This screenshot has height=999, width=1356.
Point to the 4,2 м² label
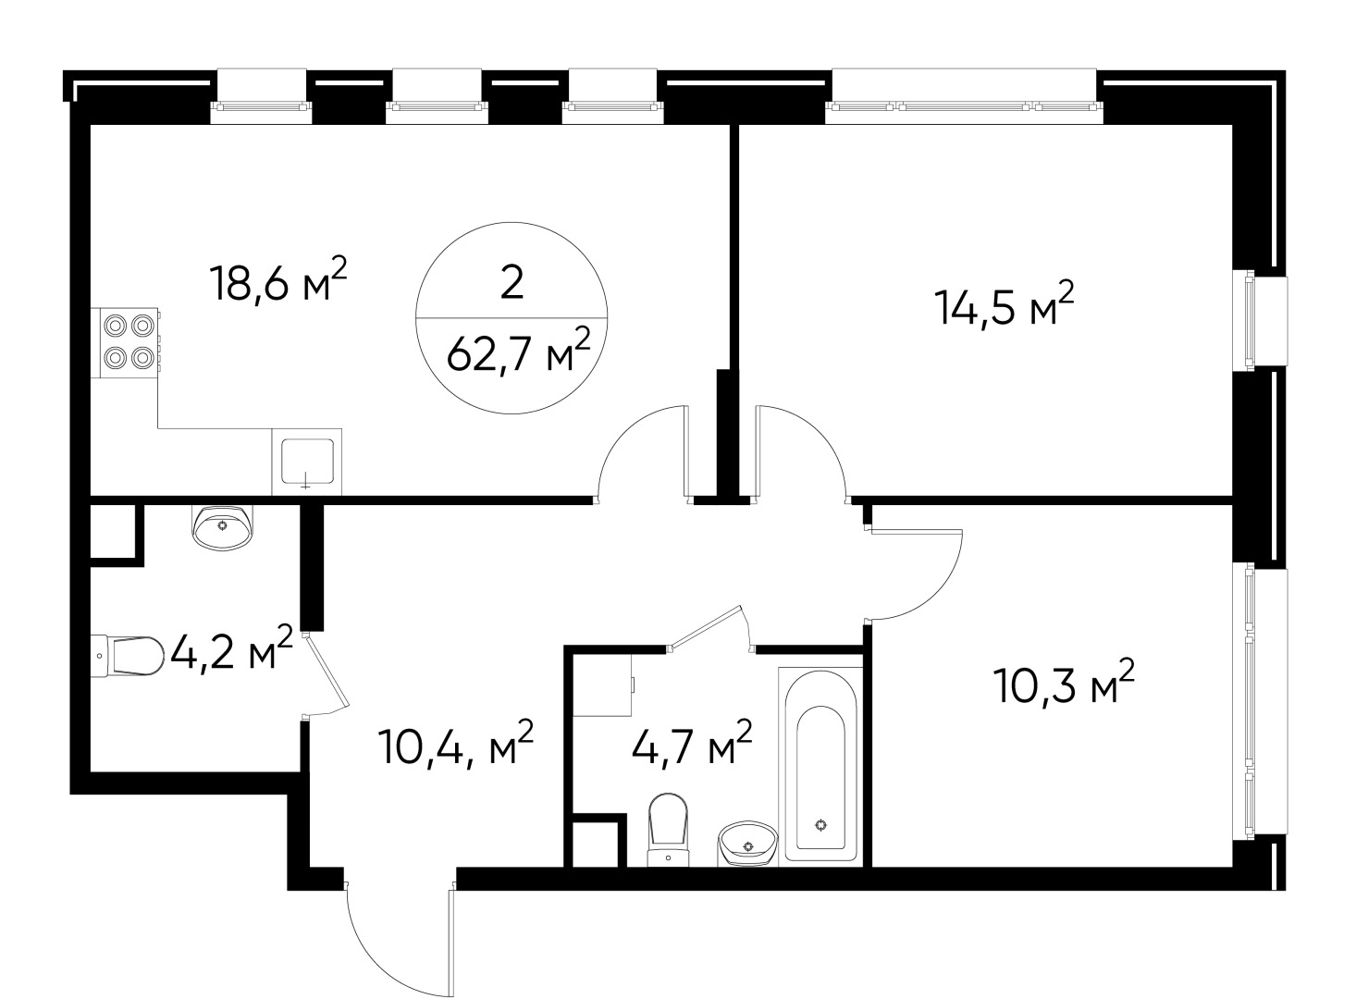tap(230, 652)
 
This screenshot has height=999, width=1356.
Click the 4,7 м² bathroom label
tap(691, 746)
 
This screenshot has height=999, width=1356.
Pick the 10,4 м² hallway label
tap(456, 747)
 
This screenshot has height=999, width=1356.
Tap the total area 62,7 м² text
tap(518, 352)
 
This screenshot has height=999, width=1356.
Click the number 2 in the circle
tap(512, 283)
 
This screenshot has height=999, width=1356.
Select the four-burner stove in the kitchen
tap(129, 341)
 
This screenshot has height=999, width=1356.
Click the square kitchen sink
tap(307, 461)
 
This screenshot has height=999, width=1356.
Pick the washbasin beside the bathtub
tap(746, 843)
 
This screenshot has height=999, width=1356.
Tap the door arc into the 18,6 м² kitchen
tap(638, 442)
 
